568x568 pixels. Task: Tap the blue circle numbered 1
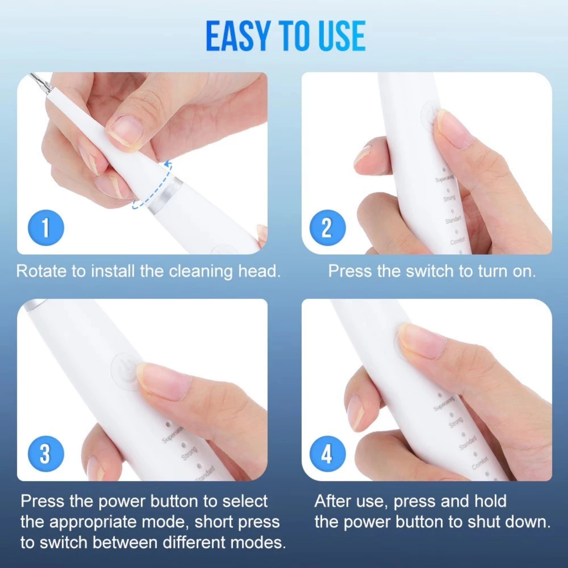pyautogui.click(x=46, y=228)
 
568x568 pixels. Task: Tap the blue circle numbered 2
pyautogui.click(x=328, y=228)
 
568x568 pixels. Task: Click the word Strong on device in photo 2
pyautogui.click(x=449, y=199)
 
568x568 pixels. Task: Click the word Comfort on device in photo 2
pyautogui.click(x=458, y=241)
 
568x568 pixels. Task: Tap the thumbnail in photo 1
pyautogui.click(x=126, y=129)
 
